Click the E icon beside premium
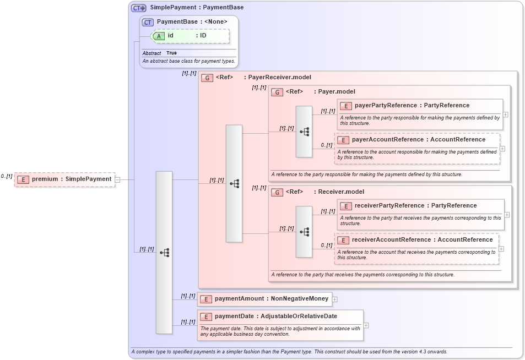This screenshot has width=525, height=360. pyautogui.click(x=23, y=179)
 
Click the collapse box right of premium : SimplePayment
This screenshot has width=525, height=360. pyautogui.click(x=117, y=179)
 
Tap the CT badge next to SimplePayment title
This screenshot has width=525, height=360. pyautogui.click(x=138, y=8)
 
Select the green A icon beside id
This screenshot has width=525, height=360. pyautogui.click(x=159, y=36)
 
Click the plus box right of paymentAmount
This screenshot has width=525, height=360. pyautogui.click(x=334, y=299)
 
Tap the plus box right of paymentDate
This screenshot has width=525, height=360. pyautogui.click(x=366, y=325)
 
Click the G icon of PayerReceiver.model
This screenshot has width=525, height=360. pyautogui.click(x=207, y=78)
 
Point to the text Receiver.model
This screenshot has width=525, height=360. pyautogui.click(x=340, y=192)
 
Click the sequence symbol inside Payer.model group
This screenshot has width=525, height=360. pyautogui.click(x=304, y=132)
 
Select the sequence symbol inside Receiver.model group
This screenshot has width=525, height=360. pyautogui.click(x=304, y=232)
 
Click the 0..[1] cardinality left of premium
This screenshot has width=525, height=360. pyautogui.click(x=7, y=176)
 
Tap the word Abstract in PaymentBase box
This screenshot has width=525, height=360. pyautogui.click(x=151, y=53)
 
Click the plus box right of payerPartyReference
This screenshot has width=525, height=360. pyautogui.click(x=505, y=114)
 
